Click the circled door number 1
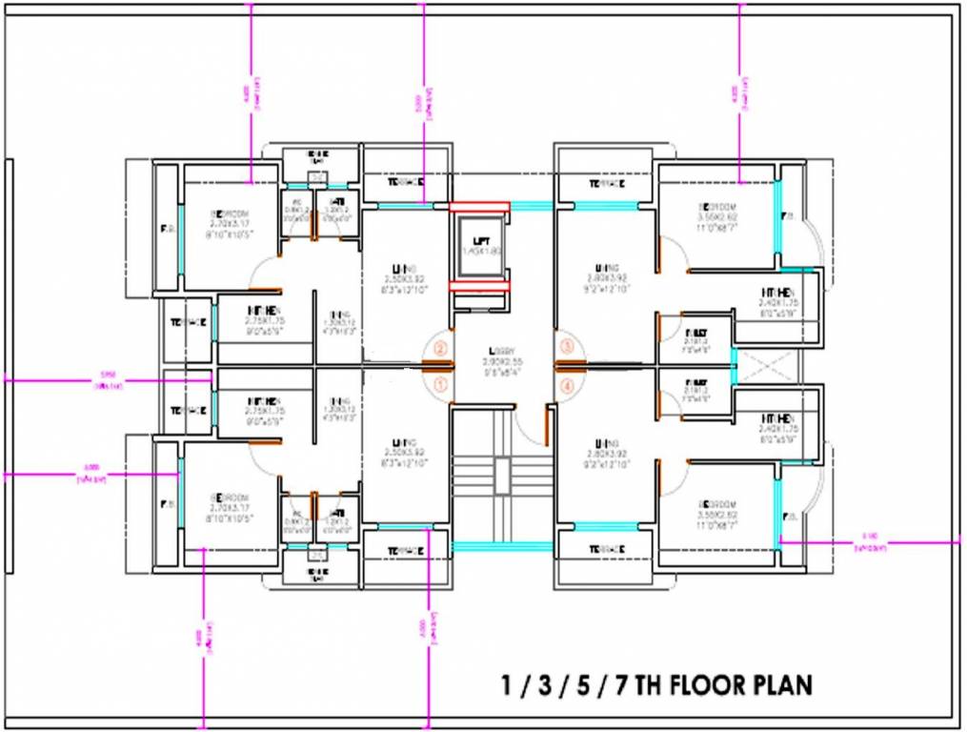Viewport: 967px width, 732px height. pos(440,384)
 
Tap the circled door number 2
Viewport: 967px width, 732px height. pos(440,349)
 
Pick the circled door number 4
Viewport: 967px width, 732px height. pos(568,385)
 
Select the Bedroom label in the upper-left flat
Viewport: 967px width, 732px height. pos(229,213)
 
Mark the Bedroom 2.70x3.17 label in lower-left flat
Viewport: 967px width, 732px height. pos(229,498)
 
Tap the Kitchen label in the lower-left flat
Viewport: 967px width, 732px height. pos(264,401)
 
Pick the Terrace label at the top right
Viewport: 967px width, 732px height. pos(606,183)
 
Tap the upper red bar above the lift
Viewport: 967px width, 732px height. pos(479,207)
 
